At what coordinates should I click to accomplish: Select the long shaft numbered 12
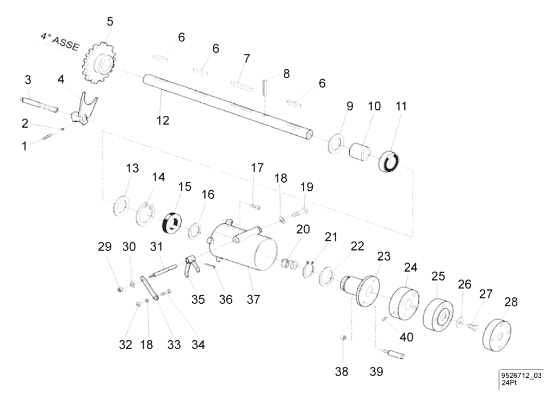click(228, 106)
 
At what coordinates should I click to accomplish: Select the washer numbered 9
click(334, 143)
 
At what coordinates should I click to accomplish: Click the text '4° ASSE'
click(59, 41)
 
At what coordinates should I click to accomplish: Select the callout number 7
click(247, 58)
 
